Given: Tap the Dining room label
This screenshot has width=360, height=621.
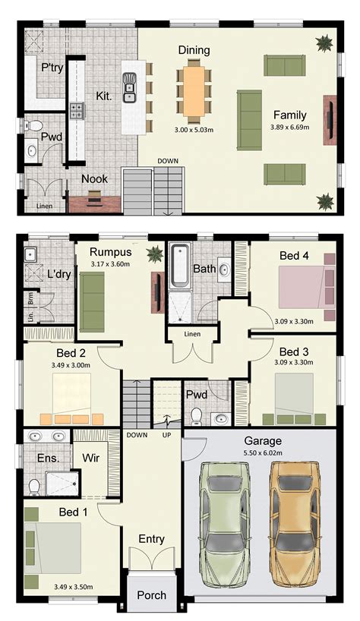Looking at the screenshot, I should [x=194, y=50].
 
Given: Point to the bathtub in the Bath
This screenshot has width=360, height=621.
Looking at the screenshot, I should [x=181, y=266].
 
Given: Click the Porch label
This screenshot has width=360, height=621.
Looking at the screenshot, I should [x=151, y=595].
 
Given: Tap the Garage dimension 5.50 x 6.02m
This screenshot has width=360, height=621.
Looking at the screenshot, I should [x=263, y=452].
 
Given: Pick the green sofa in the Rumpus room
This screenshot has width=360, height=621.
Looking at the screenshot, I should [x=93, y=301].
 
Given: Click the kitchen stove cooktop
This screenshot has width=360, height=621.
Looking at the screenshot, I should [x=77, y=111].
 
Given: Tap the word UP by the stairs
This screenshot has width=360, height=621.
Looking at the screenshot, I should [x=166, y=435].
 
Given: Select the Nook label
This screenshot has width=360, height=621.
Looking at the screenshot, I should [x=95, y=179].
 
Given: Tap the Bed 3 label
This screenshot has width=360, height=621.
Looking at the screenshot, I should [x=293, y=352].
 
